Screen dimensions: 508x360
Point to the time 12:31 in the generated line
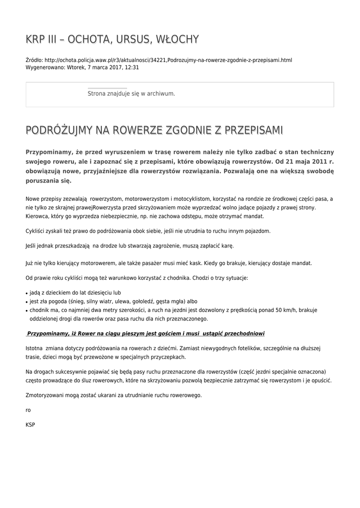[132, 67]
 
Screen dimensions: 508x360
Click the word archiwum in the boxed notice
[161, 93]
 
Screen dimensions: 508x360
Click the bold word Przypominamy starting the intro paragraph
[50, 151]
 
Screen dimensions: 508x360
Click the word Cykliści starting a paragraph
[36, 231]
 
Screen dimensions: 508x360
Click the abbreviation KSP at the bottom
[30, 425]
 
